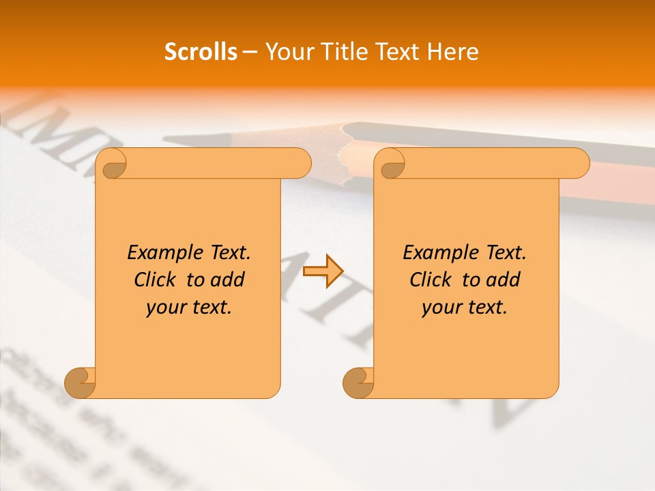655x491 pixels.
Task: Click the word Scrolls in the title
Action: (201, 52)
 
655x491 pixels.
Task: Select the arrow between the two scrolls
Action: (323, 271)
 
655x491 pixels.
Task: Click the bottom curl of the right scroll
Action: (358, 382)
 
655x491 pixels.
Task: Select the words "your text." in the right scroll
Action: (465, 308)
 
